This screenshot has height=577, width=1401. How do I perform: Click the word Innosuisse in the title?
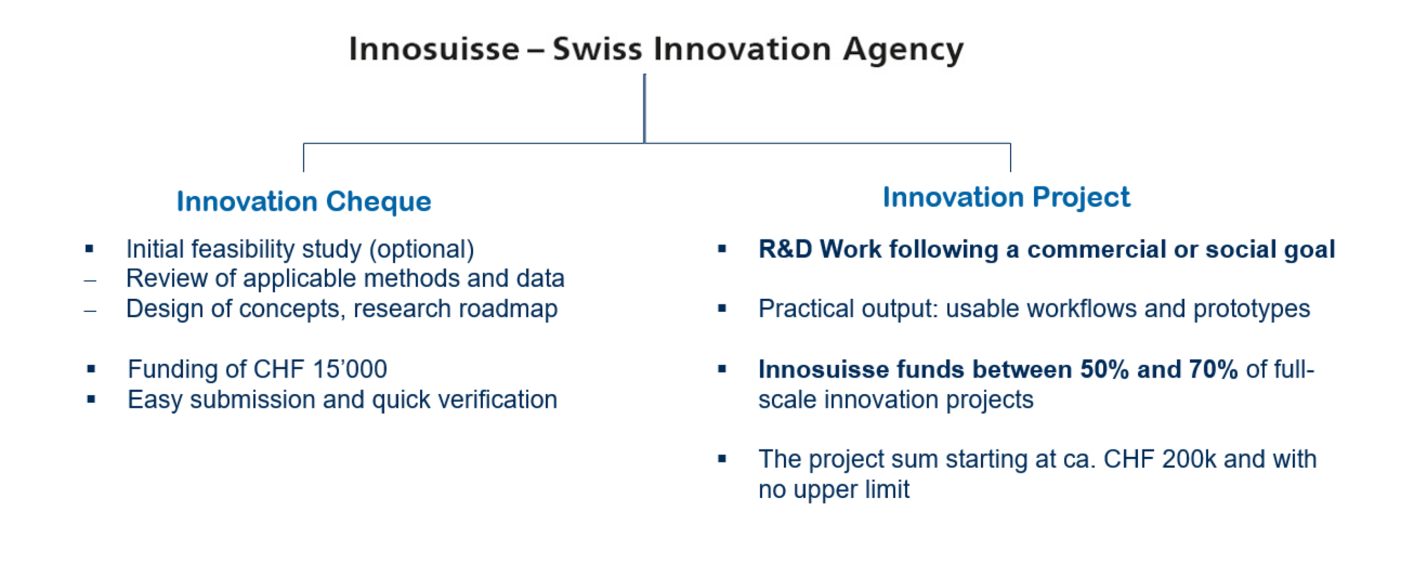tap(434, 49)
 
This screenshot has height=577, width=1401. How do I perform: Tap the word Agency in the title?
tap(903, 51)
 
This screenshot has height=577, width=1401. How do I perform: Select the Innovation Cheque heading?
tap(304, 202)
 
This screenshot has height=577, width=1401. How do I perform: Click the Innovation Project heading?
tap(1006, 197)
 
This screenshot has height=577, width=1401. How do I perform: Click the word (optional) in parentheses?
tap(421, 250)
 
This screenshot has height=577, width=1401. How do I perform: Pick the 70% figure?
tap(1213, 370)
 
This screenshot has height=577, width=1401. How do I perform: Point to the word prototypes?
tap(1252, 310)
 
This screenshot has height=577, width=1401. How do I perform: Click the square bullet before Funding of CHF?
tap(91, 369)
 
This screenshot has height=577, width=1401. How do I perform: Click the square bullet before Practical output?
tap(722, 309)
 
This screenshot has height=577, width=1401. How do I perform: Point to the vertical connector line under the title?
tap(645, 109)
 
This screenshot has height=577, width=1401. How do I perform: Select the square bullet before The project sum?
tap(722, 459)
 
